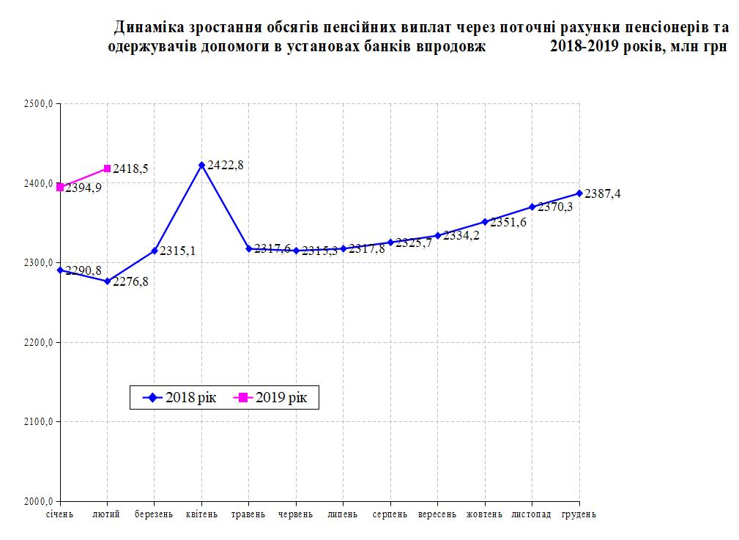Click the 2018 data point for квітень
point(201,165)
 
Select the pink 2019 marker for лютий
point(108,169)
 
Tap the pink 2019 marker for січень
point(61,187)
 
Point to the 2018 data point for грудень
point(579,193)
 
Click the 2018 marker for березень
point(155,251)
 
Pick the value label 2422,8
point(226,165)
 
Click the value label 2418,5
point(131,169)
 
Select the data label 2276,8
point(131,281)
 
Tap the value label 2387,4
point(603,193)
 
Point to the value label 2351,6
point(508,222)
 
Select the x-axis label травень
point(249,514)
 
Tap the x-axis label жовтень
point(485,514)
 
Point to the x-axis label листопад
point(532,514)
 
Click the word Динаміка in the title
point(151,29)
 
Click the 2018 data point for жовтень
point(485,222)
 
